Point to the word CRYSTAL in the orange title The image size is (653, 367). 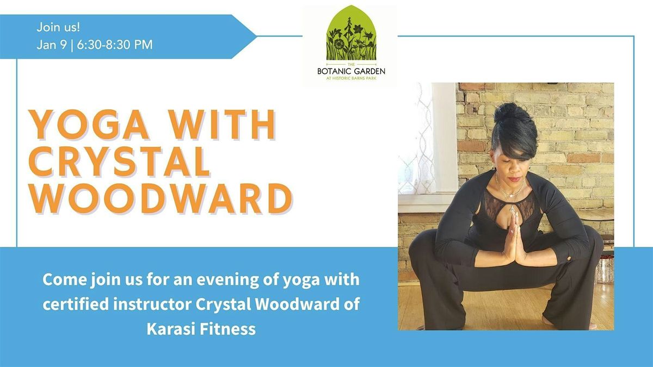coord(120,161)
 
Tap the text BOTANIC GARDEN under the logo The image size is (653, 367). coord(351,71)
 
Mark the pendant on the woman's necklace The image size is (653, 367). coord(512,207)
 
